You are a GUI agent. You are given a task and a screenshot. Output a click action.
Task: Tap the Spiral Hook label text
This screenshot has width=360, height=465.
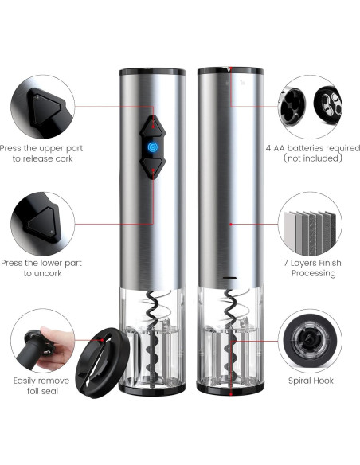tap(311, 381)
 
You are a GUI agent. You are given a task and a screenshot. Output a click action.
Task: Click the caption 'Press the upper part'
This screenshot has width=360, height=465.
tap(42, 147)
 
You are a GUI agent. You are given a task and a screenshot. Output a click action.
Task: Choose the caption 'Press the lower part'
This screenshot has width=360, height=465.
tap(42, 263)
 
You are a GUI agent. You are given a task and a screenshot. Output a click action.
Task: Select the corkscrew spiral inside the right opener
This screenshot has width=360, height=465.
tap(230, 338)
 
